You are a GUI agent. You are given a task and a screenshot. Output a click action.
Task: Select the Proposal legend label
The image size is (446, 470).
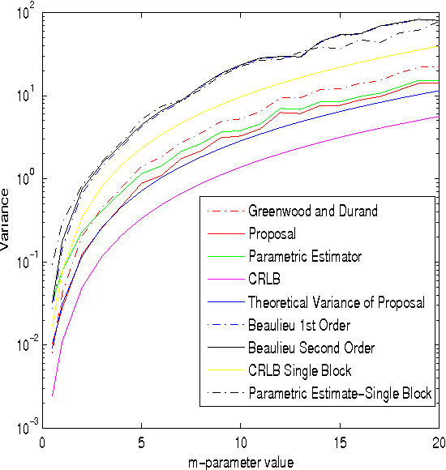(272, 234)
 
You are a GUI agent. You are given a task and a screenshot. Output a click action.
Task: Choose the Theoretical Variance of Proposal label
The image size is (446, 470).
(337, 302)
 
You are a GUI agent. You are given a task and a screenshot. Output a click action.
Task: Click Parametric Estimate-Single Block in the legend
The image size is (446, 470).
(341, 393)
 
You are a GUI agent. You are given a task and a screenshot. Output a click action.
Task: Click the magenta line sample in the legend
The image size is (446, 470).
(225, 280)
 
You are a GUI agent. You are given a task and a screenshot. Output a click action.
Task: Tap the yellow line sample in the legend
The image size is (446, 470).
(225, 370)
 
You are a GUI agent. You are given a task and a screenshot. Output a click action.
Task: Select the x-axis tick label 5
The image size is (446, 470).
(141, 444)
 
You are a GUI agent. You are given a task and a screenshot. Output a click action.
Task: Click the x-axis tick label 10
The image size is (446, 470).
(240, 444)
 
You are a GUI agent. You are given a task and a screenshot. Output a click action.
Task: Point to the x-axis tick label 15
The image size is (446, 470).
(339, 444)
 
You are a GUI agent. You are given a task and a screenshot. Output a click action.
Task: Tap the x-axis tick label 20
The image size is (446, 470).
(437, 444)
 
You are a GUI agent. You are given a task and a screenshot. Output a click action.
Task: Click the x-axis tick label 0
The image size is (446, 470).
(42, 444)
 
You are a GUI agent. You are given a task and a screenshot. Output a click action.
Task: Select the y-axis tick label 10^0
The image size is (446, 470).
(25, 178)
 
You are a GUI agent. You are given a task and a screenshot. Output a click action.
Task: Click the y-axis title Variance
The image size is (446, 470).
(7, 220)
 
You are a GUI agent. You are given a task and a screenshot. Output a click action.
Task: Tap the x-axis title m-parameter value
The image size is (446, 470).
(240, 460)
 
